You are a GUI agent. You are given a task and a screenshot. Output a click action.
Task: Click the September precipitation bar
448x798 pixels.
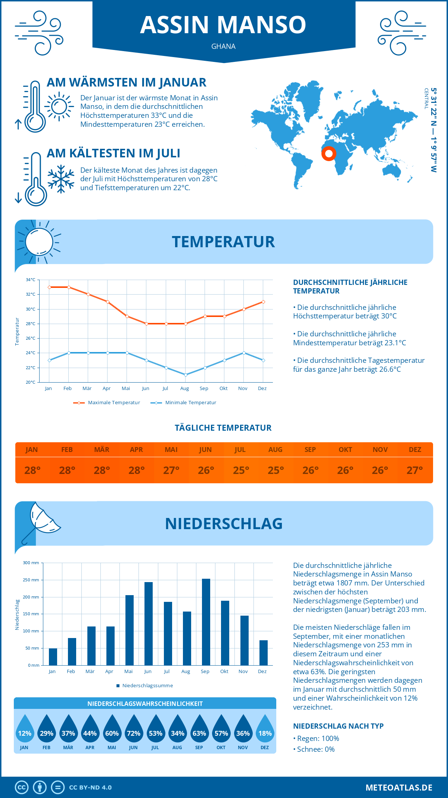point(206,622)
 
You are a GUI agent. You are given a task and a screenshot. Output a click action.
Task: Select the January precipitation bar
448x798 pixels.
point(53,657)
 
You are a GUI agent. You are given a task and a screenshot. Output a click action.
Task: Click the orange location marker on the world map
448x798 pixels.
point(329,153)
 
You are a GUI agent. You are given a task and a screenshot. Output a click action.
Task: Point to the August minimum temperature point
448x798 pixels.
point(186,375)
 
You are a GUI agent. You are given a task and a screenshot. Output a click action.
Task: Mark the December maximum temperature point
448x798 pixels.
point(263,302)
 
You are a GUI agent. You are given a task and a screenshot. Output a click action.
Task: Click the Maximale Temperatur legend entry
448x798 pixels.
point(107,403)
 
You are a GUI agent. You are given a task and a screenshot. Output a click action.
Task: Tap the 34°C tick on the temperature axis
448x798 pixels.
point(31,280)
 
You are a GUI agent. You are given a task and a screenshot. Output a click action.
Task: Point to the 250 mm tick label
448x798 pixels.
point(31,580)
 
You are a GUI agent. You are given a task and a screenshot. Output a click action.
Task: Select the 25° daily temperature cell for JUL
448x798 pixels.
point(241,470)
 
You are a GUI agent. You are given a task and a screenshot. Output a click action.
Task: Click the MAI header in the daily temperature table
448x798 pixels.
point(171,450)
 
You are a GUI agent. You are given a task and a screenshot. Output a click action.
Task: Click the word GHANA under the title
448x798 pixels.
point(223,46)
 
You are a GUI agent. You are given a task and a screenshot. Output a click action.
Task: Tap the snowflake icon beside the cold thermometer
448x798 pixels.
point(61,179)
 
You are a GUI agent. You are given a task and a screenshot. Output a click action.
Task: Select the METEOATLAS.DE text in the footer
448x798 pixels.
point(399,788)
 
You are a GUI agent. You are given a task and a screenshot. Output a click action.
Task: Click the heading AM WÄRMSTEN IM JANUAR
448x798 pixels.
point(127,82)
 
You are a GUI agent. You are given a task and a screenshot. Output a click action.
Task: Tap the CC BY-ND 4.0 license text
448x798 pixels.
point(90,788)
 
